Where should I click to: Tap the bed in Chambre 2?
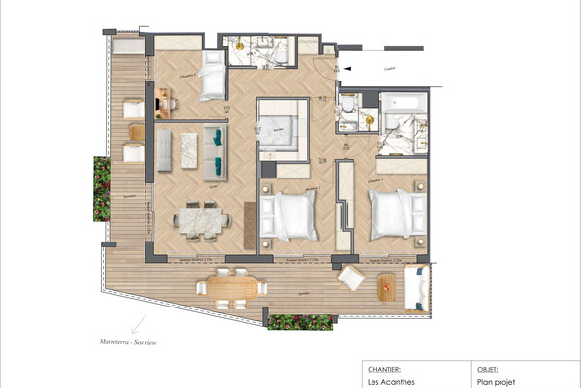coord(294,215)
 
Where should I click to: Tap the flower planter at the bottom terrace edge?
coord(299,322)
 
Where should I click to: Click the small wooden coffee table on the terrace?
coord(386,285)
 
